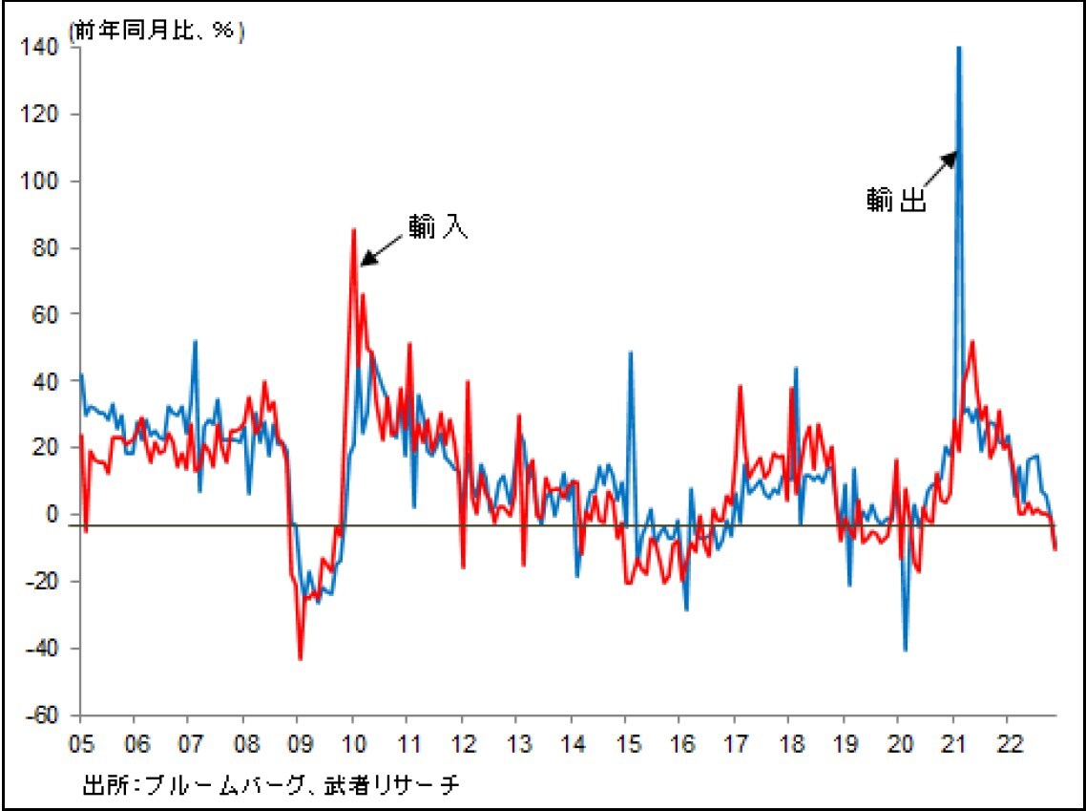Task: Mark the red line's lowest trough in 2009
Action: pos(300,659)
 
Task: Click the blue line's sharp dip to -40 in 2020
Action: pos(905,651)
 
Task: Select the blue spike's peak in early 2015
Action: pos(631,352)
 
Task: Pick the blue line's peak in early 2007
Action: pos(195,341)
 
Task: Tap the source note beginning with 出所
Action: pos(272,785)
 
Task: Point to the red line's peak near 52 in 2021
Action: pos(972,341)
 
